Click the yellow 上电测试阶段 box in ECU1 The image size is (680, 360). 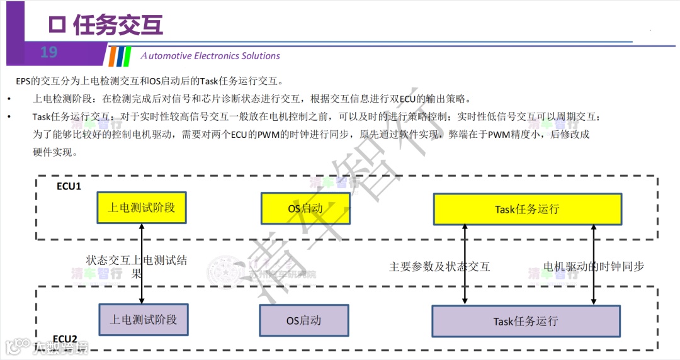[x=142, y=208]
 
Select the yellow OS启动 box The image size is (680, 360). [x=305, y=208]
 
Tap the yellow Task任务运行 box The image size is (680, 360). [x=527, y=209]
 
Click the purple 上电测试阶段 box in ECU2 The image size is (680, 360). [x=144, y=320]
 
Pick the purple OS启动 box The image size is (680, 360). [x=303, y=320]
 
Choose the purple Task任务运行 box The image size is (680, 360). [x=526, y=321]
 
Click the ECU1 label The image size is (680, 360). [x=69, y=186]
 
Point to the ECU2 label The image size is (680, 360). [x=65, y=339]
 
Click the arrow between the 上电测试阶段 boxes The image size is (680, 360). [x=142, y=263]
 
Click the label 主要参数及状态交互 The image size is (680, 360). [x=439, y=266]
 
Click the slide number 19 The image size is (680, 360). [x=48, y=52]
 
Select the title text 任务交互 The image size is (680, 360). [x=118, y=25]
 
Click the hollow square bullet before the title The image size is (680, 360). [x=57, y=25]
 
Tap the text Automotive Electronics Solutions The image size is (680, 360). [x=210, y=55]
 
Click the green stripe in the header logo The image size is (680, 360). [x=128, y=56]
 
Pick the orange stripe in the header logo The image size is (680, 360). [x=112, y=56]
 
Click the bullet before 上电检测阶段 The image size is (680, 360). [x=9, y=99]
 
